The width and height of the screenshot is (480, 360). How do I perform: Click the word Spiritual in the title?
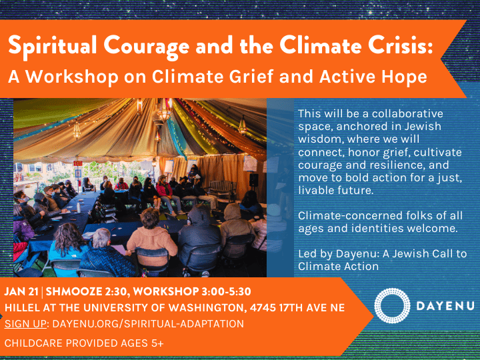point(53,46)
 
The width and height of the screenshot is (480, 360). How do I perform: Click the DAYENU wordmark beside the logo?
point(445,306)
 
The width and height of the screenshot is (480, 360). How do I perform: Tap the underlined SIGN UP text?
point(25,323)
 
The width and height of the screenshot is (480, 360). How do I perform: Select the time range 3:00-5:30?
point(226,291)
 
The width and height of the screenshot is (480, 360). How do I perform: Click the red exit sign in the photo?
point(78,163)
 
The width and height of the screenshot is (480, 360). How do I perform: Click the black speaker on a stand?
point(254,180)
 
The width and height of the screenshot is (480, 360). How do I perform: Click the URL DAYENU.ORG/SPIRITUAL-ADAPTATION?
point(148,323)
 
